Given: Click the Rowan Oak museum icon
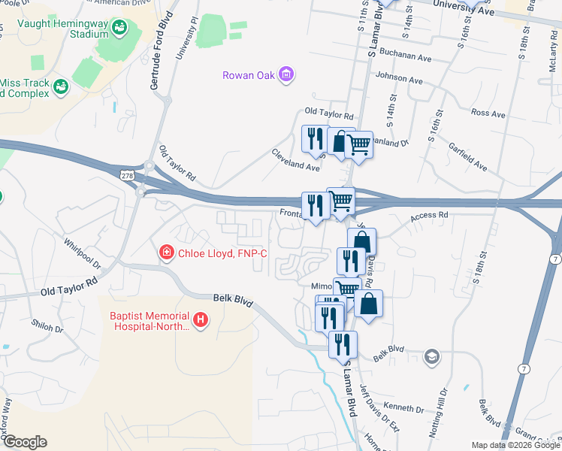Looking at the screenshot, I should (x=286, y=74).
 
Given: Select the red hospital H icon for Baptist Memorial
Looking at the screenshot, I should (x=200, y=320).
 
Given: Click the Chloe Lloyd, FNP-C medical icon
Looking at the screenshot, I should (x=166, y=253).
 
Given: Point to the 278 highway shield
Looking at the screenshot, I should (x=126, y=174).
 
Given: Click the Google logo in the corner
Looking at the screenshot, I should (x=24, y=442).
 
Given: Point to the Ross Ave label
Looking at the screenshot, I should (x=488, y=114).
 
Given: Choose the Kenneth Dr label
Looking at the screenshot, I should (x=403, y=407).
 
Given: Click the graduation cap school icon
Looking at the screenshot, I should (x=432, y=356).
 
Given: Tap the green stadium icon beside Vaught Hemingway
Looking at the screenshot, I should (x=119, y=29).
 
